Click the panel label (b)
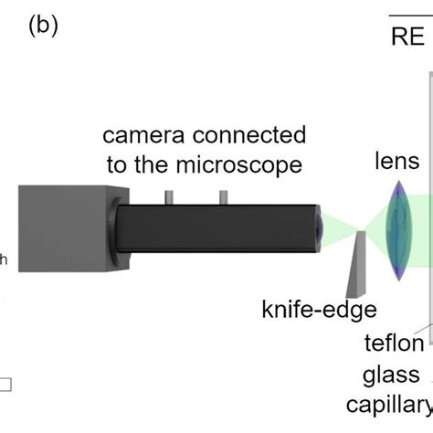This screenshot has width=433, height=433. tap(44, 25)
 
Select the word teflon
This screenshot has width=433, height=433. tap(395, 343)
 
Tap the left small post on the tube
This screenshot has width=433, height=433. tap(168, 196)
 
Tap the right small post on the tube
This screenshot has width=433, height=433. tap(222, 196)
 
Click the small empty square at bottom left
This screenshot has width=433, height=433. tap(5, 385)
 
